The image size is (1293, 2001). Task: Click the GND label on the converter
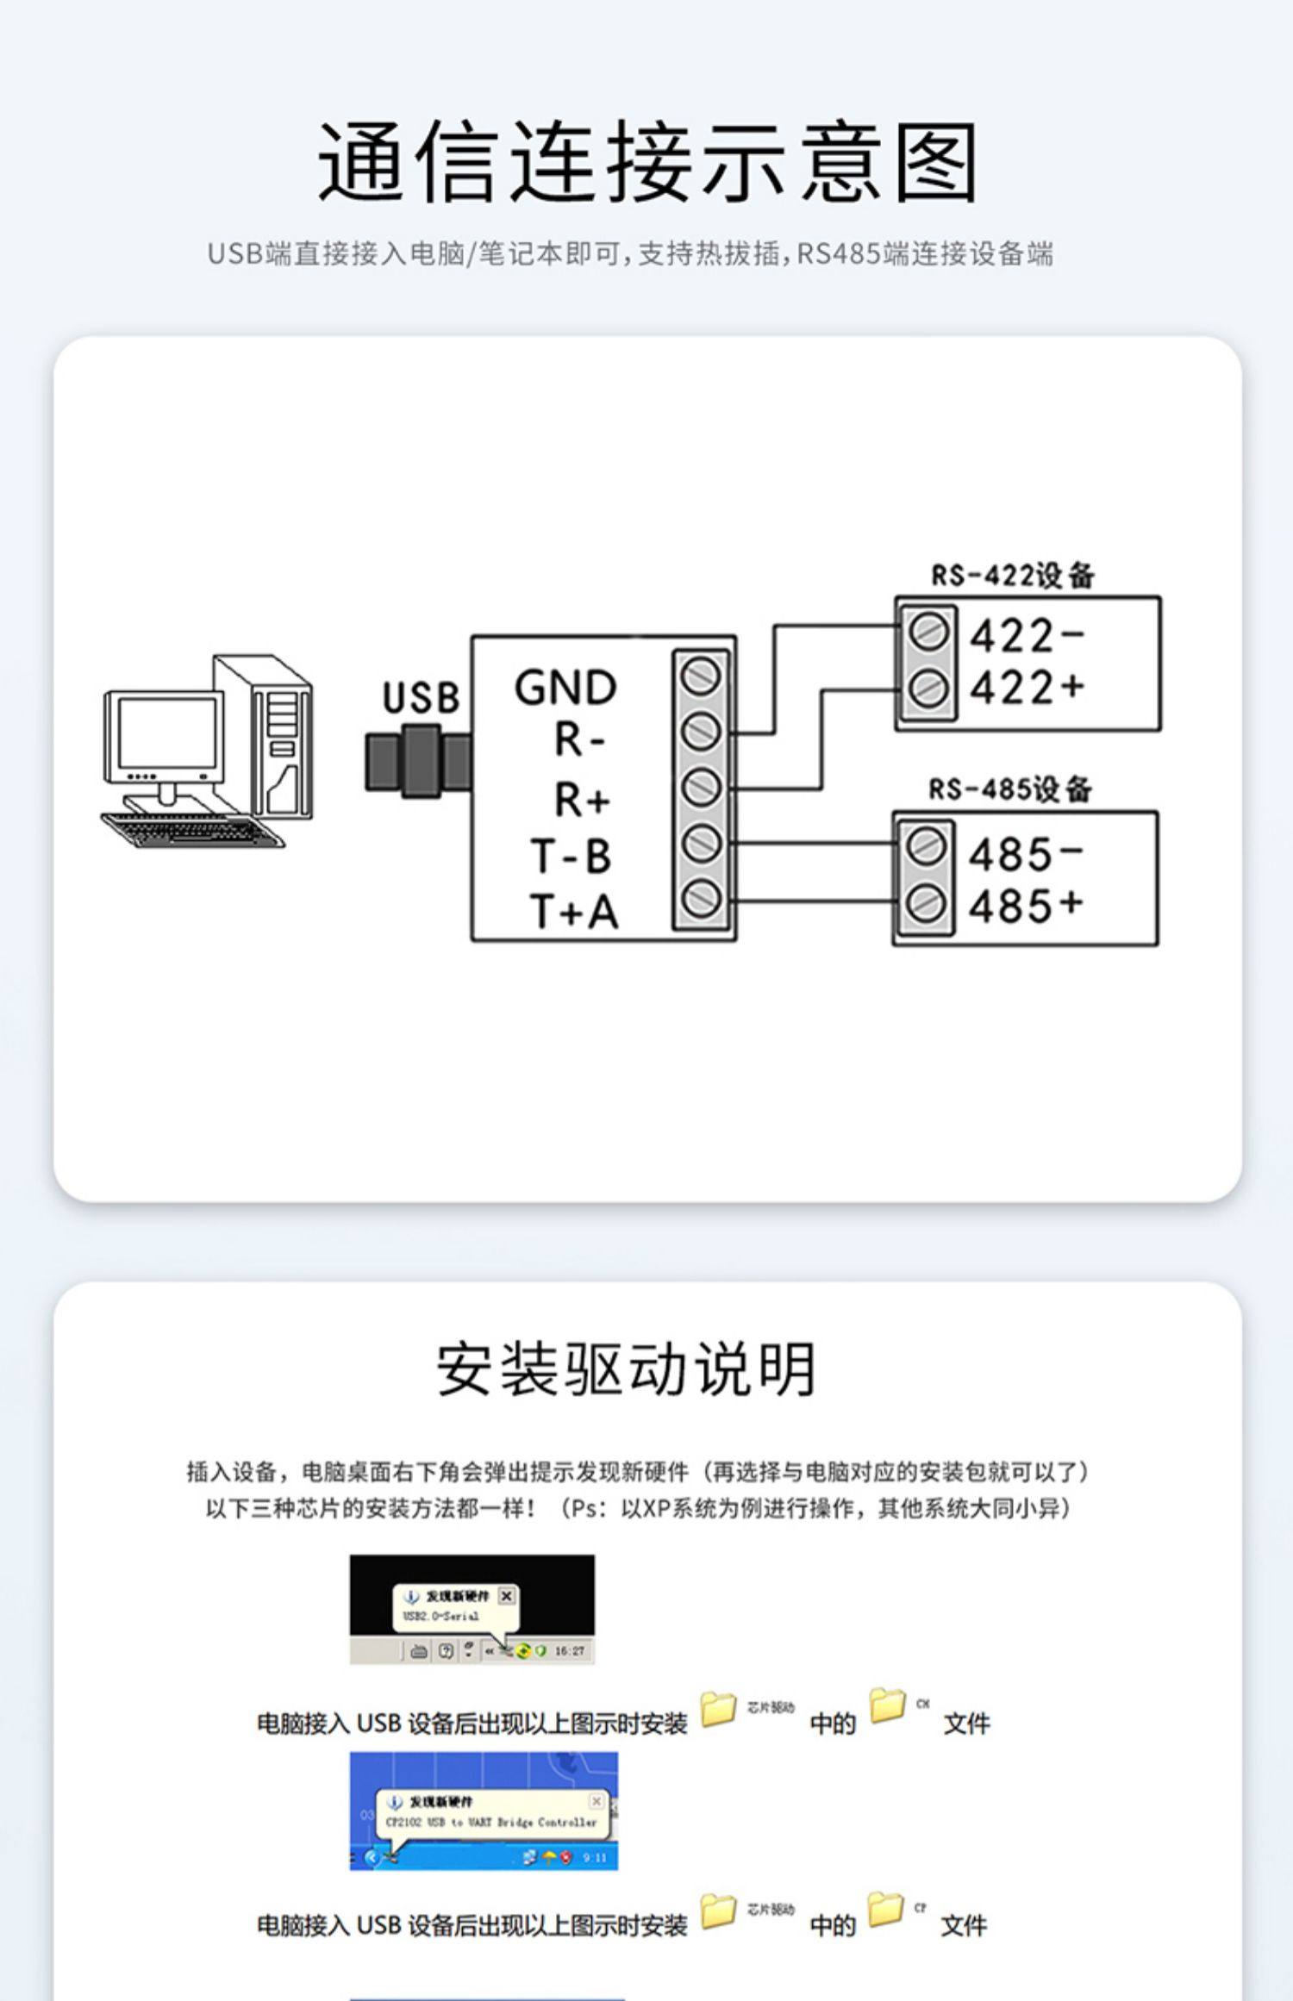coord(565,688)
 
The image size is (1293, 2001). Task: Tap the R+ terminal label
coord(581,800)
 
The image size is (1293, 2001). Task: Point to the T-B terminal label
coord(572,856)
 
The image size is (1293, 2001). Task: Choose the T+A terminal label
coord(573,911)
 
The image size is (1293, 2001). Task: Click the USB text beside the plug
coord(421,697)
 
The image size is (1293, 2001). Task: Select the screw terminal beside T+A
coord(701,900)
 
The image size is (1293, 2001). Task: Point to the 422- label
coord(1026,637)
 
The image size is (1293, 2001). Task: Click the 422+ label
coord(1026,688)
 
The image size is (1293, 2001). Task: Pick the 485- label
coord(1024,854)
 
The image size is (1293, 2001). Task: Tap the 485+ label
coord(1024,906)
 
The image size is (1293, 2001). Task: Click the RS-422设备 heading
coord(1012,575)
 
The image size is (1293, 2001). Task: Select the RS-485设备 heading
coord(1009,789)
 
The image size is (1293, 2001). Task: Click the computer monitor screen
coord(166,735)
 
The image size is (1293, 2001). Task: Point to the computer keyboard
coord(191,830)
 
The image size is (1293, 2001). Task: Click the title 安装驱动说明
coord(626,1369)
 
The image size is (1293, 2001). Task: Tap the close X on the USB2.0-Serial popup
coord(507,1596)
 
